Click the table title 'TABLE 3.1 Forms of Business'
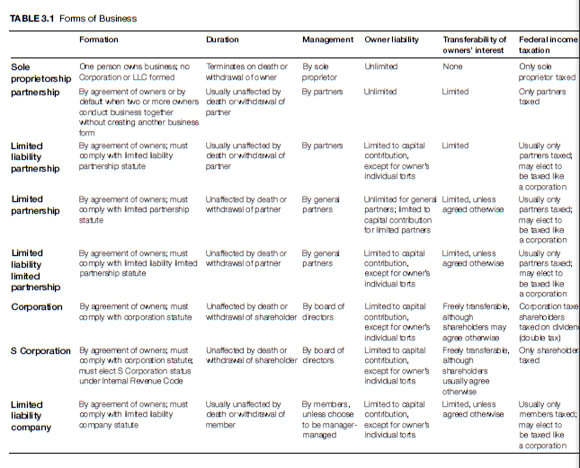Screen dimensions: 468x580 [74, 19]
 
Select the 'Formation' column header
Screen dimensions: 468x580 [98, 40]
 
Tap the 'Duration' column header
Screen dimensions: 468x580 [222, 40]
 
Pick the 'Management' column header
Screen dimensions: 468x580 [327, 40]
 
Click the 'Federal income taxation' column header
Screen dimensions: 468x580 [548, 46]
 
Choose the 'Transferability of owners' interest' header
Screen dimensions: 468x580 [475, 46]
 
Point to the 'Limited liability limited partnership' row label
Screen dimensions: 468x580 [30, 270]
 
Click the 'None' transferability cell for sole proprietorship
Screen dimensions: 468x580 [452, 66]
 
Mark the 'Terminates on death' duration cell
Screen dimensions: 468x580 [246, 72]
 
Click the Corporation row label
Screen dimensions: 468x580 [37, 307]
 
